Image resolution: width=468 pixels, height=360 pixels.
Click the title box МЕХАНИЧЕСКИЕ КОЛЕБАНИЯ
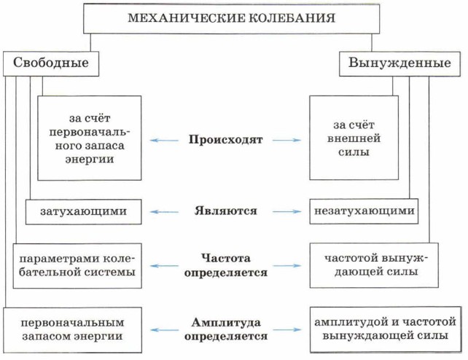tap(232, 18)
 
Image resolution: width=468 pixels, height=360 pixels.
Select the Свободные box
tap(51, 63)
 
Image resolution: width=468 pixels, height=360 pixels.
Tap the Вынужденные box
tap(399, 63)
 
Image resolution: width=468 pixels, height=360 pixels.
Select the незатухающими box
tap(364, 211)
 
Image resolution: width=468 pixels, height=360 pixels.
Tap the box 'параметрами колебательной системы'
tap(77, 265)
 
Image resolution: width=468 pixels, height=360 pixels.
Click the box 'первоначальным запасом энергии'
tap(71, 329)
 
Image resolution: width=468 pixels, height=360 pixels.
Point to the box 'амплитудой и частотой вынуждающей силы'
tap(384, 329)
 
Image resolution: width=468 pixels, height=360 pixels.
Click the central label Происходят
tap(225, 138)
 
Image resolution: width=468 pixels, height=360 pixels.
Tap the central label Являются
tap(225, 211)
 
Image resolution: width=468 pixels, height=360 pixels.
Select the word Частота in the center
tap(225, 258)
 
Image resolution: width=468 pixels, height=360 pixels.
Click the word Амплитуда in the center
tap(225, 322)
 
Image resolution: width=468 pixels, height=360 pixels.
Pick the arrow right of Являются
tap(287, 211)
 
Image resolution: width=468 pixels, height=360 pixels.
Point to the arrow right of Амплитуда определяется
tap(287, 329)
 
